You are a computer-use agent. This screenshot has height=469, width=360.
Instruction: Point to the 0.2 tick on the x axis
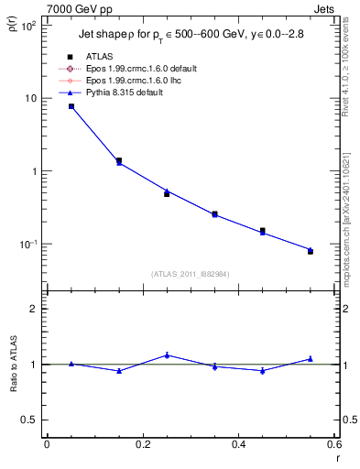tap(142, 443)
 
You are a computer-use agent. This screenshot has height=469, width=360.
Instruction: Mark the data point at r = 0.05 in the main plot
tap(71, 106)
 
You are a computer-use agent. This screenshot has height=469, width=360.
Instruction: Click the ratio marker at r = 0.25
tap(167, 355)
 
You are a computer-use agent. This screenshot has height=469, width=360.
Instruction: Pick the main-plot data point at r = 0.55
tap(310, 250)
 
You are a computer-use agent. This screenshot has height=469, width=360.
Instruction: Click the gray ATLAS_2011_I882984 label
tap(190, 274)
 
